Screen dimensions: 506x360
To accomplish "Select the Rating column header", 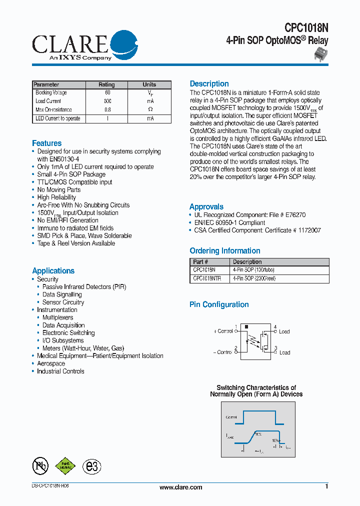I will pyautogui.click(x=106, y=84).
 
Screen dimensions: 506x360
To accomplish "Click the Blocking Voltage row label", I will pyautogui.click(x=51, y=93).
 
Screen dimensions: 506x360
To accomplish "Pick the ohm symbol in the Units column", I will pyautogui.click(x=150, y=109).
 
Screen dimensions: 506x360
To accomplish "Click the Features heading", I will pyautogui.click(x=46, y=143).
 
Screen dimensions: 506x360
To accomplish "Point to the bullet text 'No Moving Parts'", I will pyautogui.click(x=59, y=190).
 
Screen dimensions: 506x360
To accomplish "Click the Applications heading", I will pyautogui.click(x=53, y=271).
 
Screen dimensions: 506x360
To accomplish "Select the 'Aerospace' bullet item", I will pyautogui.click(x=51, y=363).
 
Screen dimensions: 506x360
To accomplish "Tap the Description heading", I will pyautogui.click(x=209, y=84).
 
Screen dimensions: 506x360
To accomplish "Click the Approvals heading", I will pyautogui.click(x=206, y=207).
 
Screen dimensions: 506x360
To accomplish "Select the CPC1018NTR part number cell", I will pyautogui.click(x=207, y=279).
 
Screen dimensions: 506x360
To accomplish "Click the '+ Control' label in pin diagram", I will pyautogui.click(x=222, y=331).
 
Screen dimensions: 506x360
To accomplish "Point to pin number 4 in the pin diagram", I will pyautogui.click(x=275, y=327).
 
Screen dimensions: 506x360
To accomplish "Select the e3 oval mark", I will pyautogui.click(x=91, y=466).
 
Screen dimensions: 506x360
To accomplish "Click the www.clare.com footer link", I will pyautogui.click(x=180, y=487).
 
